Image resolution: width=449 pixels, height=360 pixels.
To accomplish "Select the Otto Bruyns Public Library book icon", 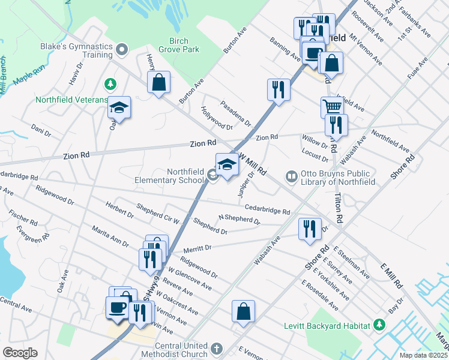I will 291,176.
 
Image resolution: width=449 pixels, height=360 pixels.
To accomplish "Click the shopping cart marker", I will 331,107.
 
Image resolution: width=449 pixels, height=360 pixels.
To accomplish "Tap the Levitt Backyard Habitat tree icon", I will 379,325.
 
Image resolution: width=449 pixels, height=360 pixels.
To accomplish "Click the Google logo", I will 20,353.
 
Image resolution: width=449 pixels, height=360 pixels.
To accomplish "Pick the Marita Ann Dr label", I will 110,236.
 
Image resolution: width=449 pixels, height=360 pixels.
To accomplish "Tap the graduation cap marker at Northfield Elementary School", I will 228,164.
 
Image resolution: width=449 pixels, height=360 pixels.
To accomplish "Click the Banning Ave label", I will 285,51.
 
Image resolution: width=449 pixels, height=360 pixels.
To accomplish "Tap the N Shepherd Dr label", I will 239,220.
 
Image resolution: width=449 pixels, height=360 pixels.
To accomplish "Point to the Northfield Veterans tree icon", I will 109,82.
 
